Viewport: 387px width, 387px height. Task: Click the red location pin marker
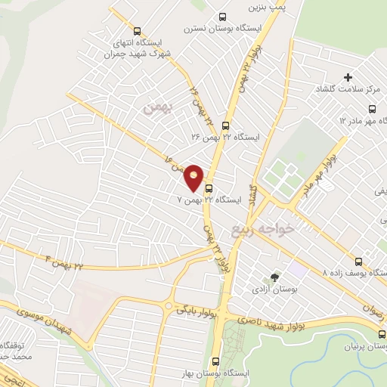pyautogui.click(x=194, y=177)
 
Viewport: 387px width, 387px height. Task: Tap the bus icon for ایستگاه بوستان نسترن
pyautogui.click(x=221, y=17)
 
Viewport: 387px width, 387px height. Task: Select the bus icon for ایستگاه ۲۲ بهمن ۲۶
pyautogui.click(x=224, y=125)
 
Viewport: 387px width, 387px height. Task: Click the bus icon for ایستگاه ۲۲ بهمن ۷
pyautogui.click(x=209, y=189)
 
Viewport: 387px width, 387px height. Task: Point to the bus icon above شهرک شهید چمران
pyautogui.click(x=137, y=31)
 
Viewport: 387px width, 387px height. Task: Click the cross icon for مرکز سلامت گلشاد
pyautogui.click(x=348, y=77)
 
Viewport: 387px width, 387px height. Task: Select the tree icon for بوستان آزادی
pyautogui.click(x=274, y=278)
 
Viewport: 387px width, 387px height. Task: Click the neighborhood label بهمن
pyautogui.click(x=159, y=108)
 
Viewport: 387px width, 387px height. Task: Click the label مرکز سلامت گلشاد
pyautogui.click(x=348, y=90)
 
